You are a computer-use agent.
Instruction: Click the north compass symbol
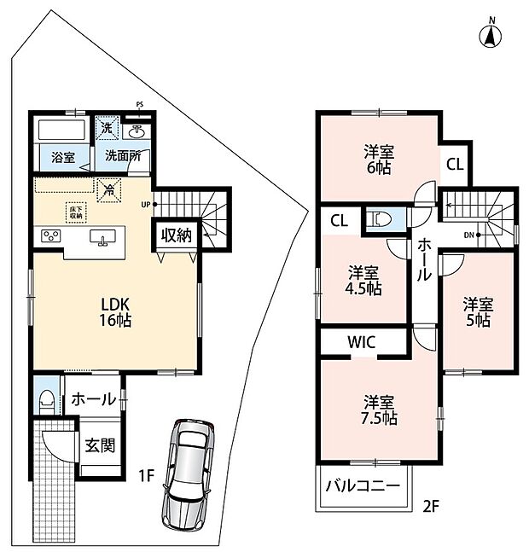click(x=491, y=34)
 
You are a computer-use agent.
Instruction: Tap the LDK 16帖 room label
click(x=115, y=312)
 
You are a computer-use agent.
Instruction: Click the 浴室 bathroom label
click(x=63, y=157)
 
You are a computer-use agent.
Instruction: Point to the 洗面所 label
click(x=123, y=155)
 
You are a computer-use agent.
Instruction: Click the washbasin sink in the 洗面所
click(x=137, y=132)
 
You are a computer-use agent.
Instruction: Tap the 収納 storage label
click(x=177, y=235)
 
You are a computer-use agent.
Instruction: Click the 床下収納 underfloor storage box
click(x=76, y=212)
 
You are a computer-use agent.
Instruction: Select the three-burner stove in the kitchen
click(x=51, y=235)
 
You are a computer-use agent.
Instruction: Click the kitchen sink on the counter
click(x=102, y=237)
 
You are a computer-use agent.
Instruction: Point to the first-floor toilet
click(x=47, y=402)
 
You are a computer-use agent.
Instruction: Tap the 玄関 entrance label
click(x=101, y=445)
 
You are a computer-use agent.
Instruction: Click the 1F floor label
click(x=146, y=476)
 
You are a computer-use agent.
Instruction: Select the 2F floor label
click(x=431, y=506)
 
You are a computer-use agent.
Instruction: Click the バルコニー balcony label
click(x=363, y=486)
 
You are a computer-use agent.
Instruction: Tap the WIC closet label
click(x=362, y=342)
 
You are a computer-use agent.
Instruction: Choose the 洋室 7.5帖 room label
click(x=379, y=410)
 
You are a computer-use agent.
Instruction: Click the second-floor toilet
click(x=380, y=219)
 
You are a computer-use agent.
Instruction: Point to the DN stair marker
click(x=471, y=235)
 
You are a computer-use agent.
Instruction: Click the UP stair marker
click(x=148, y=205)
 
